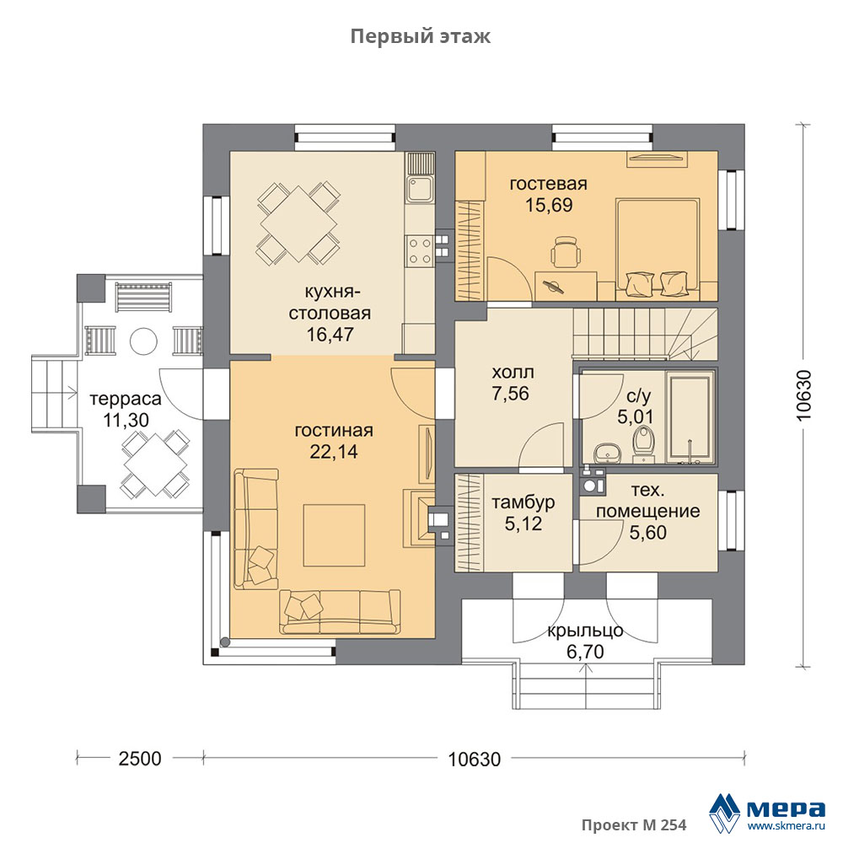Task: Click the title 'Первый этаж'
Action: pos(421,36)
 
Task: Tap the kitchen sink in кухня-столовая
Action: pos(419,189)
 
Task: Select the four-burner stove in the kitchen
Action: pos(419,250)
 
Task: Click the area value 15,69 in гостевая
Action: pos(549,204)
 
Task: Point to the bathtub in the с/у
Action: pos(690,416)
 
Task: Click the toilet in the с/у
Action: pos(643,444)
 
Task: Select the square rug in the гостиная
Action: pos(334,535)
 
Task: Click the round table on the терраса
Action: pos(143,341)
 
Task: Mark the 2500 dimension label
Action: pos(140,759)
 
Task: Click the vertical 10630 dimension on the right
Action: pos(803,395)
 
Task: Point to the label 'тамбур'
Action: pos(524,502)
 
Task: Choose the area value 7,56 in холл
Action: pos(510,393)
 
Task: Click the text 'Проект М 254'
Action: pos(634,825)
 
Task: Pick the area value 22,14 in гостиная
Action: pos(334,452)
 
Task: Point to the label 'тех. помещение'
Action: pos(647,501)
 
